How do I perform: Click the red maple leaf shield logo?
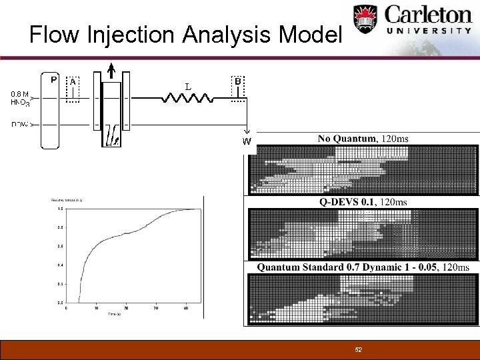pos(365,21)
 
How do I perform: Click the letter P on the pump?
pos(54,80)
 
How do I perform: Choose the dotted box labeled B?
pos(238,91)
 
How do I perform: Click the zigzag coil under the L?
pos(188,99)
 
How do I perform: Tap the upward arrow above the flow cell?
pos(111,68)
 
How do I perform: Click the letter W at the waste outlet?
pos(247,141)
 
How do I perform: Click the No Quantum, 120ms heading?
pos(363,139)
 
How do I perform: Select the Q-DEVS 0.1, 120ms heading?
pos(363,202)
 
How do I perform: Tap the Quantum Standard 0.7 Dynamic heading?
pos(363,267)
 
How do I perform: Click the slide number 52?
pos(359,350)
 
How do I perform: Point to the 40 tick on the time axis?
pos(187,308)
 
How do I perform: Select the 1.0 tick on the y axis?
pos(60,209)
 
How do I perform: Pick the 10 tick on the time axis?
pos(96,308)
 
